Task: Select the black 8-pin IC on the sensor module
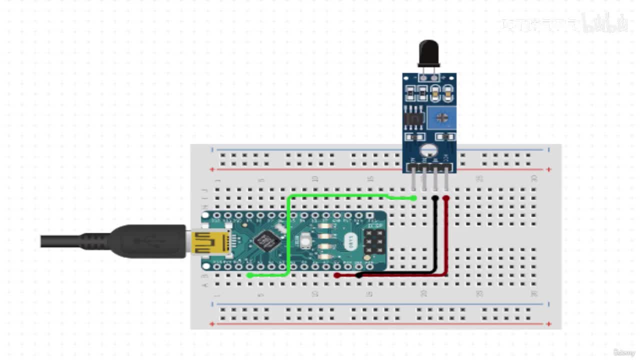(x=413, y=119)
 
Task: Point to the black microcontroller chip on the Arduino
(x=266, y=241)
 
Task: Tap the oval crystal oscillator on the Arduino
(x=350, y=242)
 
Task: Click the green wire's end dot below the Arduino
(x=249, y=275)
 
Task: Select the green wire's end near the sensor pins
(x=414, y=198)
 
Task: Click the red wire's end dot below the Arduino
(x=337, y=275)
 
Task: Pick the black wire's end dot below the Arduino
(x=359, y=275)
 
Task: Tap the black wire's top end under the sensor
(x=435, y=198)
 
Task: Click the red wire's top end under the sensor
(x=446, y=198)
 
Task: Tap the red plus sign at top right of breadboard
(x=549, y=169)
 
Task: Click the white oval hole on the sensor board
(x=428, y=149)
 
